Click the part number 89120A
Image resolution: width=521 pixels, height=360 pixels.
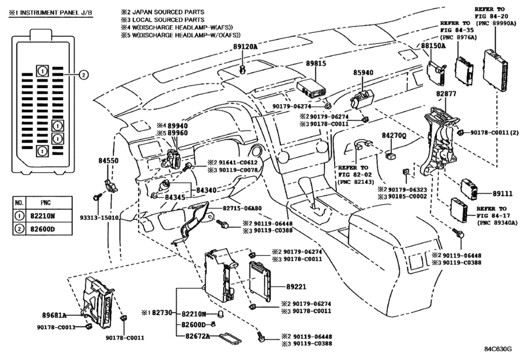(245, 46)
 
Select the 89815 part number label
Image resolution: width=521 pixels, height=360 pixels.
(315, 63)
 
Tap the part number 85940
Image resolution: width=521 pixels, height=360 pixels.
(363, 73)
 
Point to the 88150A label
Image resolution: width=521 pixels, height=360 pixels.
(433, 46)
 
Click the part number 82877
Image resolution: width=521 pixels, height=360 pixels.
(446, 94)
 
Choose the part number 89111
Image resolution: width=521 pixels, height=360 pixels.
(502, 193)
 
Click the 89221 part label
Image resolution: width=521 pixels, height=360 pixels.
(296, 287)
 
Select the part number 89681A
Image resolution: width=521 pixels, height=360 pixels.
(54, 315)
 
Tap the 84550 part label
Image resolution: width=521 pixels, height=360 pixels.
(109, 161)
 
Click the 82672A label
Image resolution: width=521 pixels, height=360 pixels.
(198, 336)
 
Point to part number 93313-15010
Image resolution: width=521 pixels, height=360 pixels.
(99, 218)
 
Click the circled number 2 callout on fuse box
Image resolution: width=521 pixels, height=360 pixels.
(84, 75)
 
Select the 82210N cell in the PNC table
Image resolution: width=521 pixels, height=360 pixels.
(42, 216)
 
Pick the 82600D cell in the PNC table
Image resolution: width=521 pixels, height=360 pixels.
(42, 229)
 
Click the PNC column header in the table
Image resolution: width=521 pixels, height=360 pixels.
(46, 203)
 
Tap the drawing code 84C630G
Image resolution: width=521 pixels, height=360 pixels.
(498, 349)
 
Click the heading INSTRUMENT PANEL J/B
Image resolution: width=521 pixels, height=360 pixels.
(57, 13)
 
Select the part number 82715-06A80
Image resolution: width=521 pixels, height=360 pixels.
(242, 208)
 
